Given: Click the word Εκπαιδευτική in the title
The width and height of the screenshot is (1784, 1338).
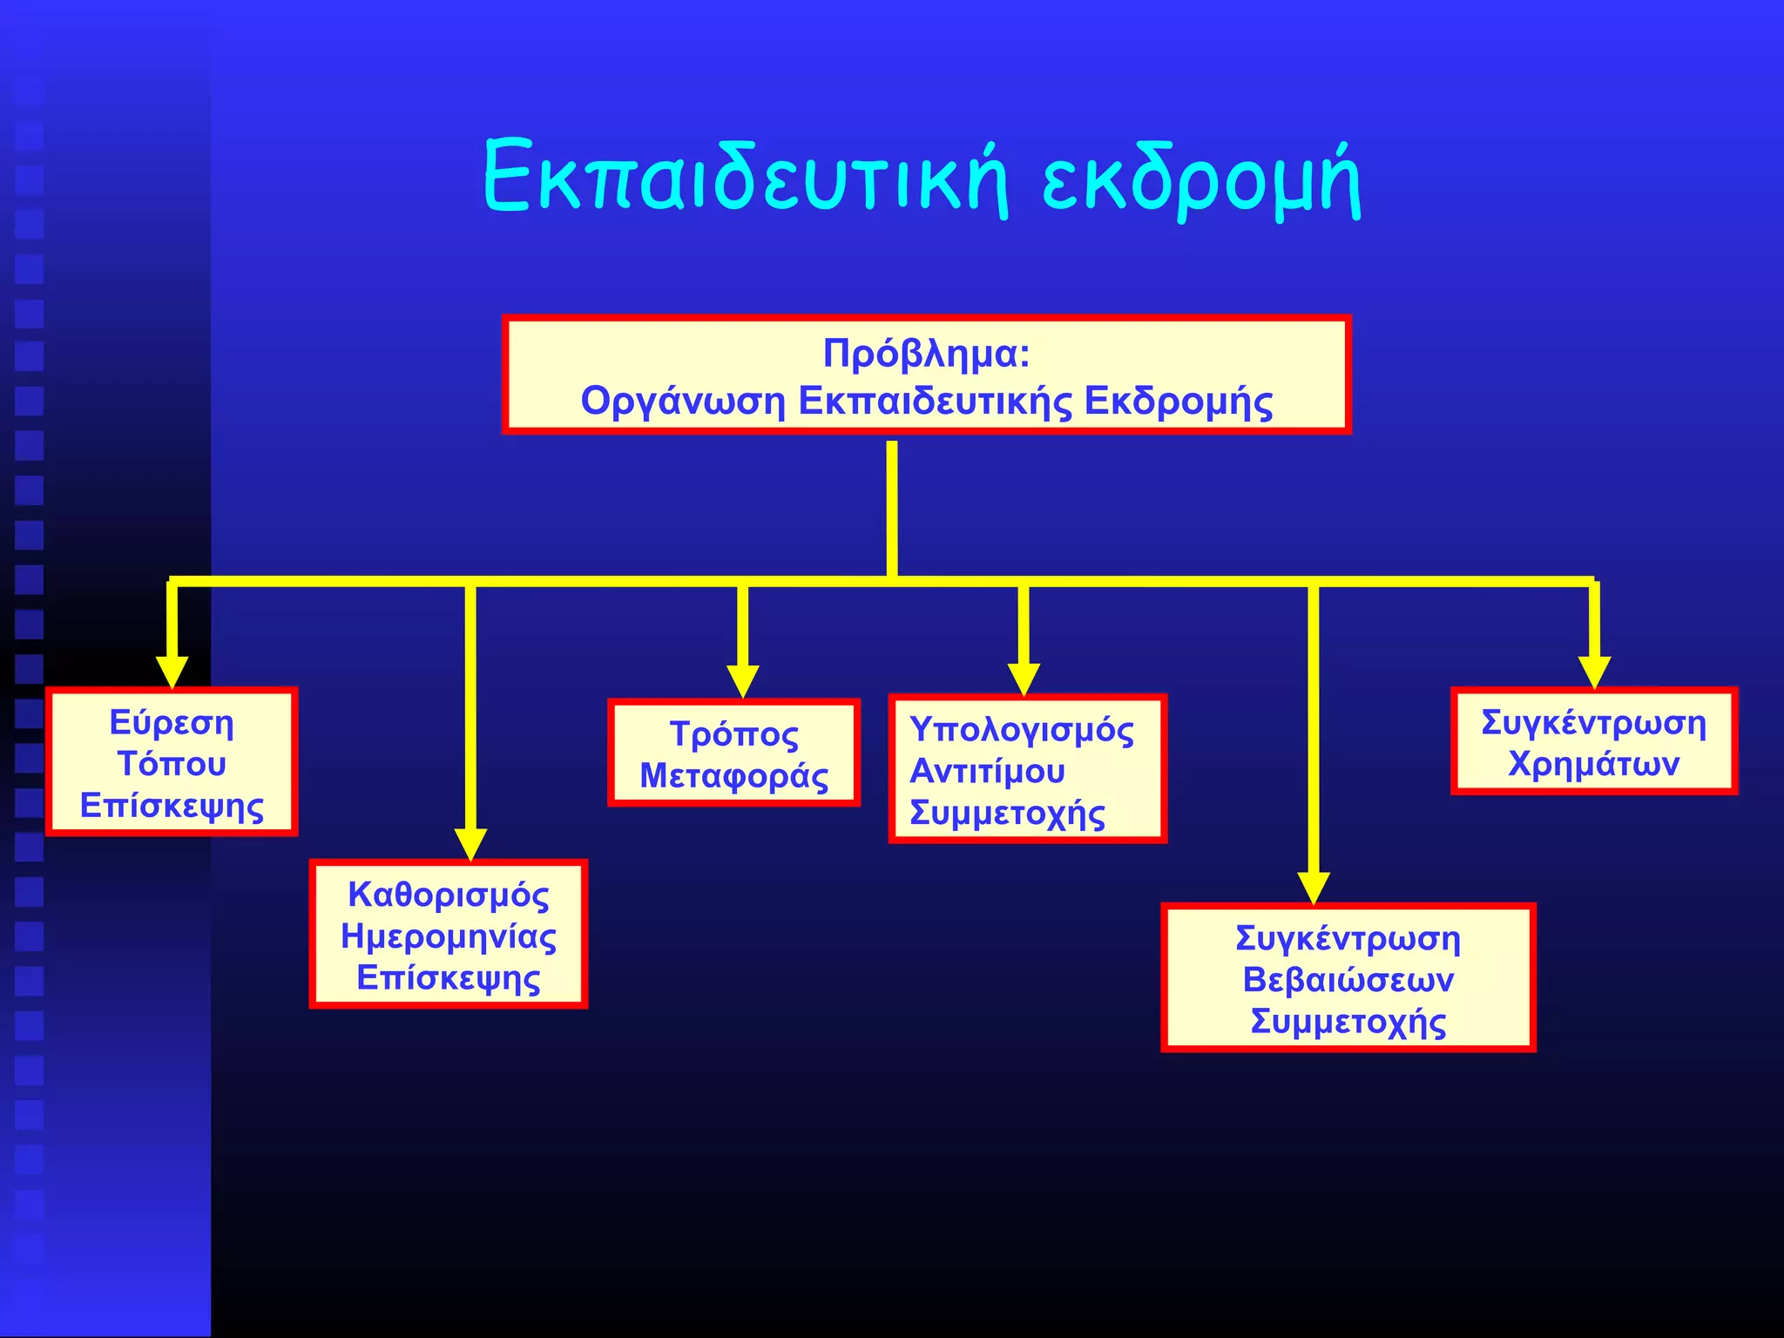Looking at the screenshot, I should (745, 179).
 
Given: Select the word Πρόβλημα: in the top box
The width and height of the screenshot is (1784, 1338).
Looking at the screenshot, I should (927, 353).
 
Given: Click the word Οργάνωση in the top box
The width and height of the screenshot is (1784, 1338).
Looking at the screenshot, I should (683, 401).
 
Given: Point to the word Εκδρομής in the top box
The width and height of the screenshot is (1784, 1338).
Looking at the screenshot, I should (1178, 401).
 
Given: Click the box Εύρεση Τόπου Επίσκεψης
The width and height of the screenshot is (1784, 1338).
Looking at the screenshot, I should (172, 763).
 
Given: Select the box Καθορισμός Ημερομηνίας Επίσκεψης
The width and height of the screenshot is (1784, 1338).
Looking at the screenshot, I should (449, 935).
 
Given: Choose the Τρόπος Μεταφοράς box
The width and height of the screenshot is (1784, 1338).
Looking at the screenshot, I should (733, 753).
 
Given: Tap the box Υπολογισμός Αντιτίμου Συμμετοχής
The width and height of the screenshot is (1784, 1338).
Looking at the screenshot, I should (1027, 769).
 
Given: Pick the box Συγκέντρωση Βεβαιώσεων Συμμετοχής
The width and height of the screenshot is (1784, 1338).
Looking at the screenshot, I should (1348, 978).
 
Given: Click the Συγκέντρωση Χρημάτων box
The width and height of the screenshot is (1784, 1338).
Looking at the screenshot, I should (1594, 742).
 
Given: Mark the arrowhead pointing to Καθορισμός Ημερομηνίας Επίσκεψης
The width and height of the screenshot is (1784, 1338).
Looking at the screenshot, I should (470, 844).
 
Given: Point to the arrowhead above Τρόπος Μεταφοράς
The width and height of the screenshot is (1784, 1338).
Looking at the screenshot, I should (742, 680).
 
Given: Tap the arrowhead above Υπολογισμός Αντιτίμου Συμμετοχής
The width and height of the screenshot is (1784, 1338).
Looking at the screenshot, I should (1024, 679).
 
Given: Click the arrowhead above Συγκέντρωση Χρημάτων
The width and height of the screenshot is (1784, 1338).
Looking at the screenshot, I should (1594, 672).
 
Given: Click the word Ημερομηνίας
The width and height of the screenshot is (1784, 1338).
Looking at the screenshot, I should (449, 936).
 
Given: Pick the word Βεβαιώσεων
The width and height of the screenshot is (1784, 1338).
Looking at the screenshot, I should (1348, 980).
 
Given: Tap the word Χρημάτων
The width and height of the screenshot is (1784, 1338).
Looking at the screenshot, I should (1594, 764).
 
